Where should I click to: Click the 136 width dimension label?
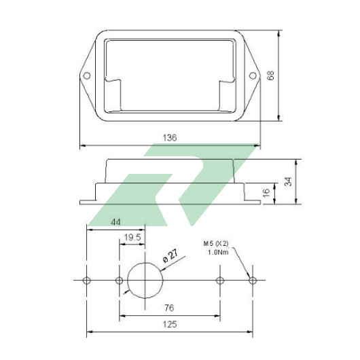170,138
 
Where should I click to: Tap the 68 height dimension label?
271,75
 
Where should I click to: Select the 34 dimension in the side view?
288,181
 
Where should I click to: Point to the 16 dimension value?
266,193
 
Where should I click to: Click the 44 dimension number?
115,222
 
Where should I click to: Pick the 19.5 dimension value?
132,237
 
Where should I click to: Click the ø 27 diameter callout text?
170,255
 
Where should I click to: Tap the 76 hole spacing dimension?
169,308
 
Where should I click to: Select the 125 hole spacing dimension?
170,325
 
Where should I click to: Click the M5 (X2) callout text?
216,243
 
